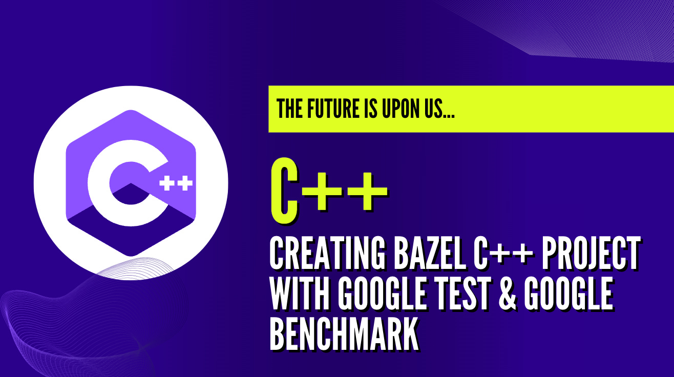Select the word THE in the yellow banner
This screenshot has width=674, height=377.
pos(289,109)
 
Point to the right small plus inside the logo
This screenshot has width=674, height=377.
pos(185,184)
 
